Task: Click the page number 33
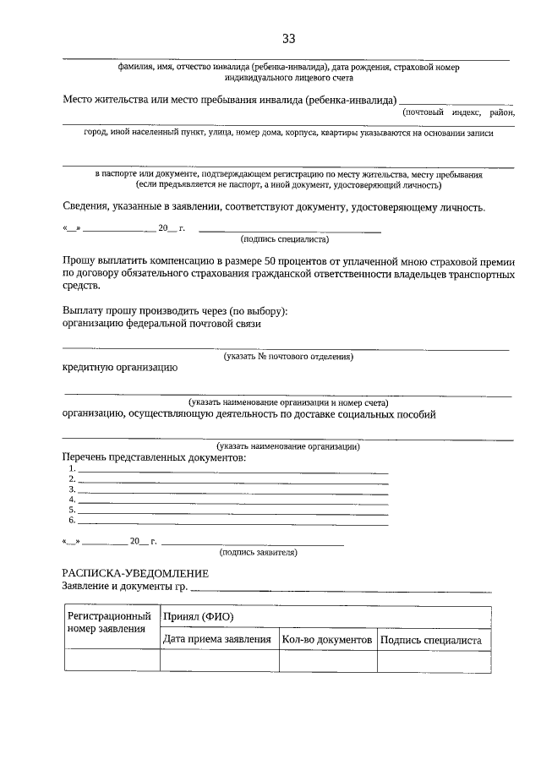288,39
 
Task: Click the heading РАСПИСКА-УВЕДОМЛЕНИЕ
135,573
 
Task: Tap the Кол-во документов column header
327,640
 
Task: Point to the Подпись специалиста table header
431,640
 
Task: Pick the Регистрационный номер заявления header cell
112,622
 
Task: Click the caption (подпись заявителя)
258,552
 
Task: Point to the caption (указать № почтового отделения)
288,357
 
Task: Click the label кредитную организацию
119,368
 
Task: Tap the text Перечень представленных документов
154,457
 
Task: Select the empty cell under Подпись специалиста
433,660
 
